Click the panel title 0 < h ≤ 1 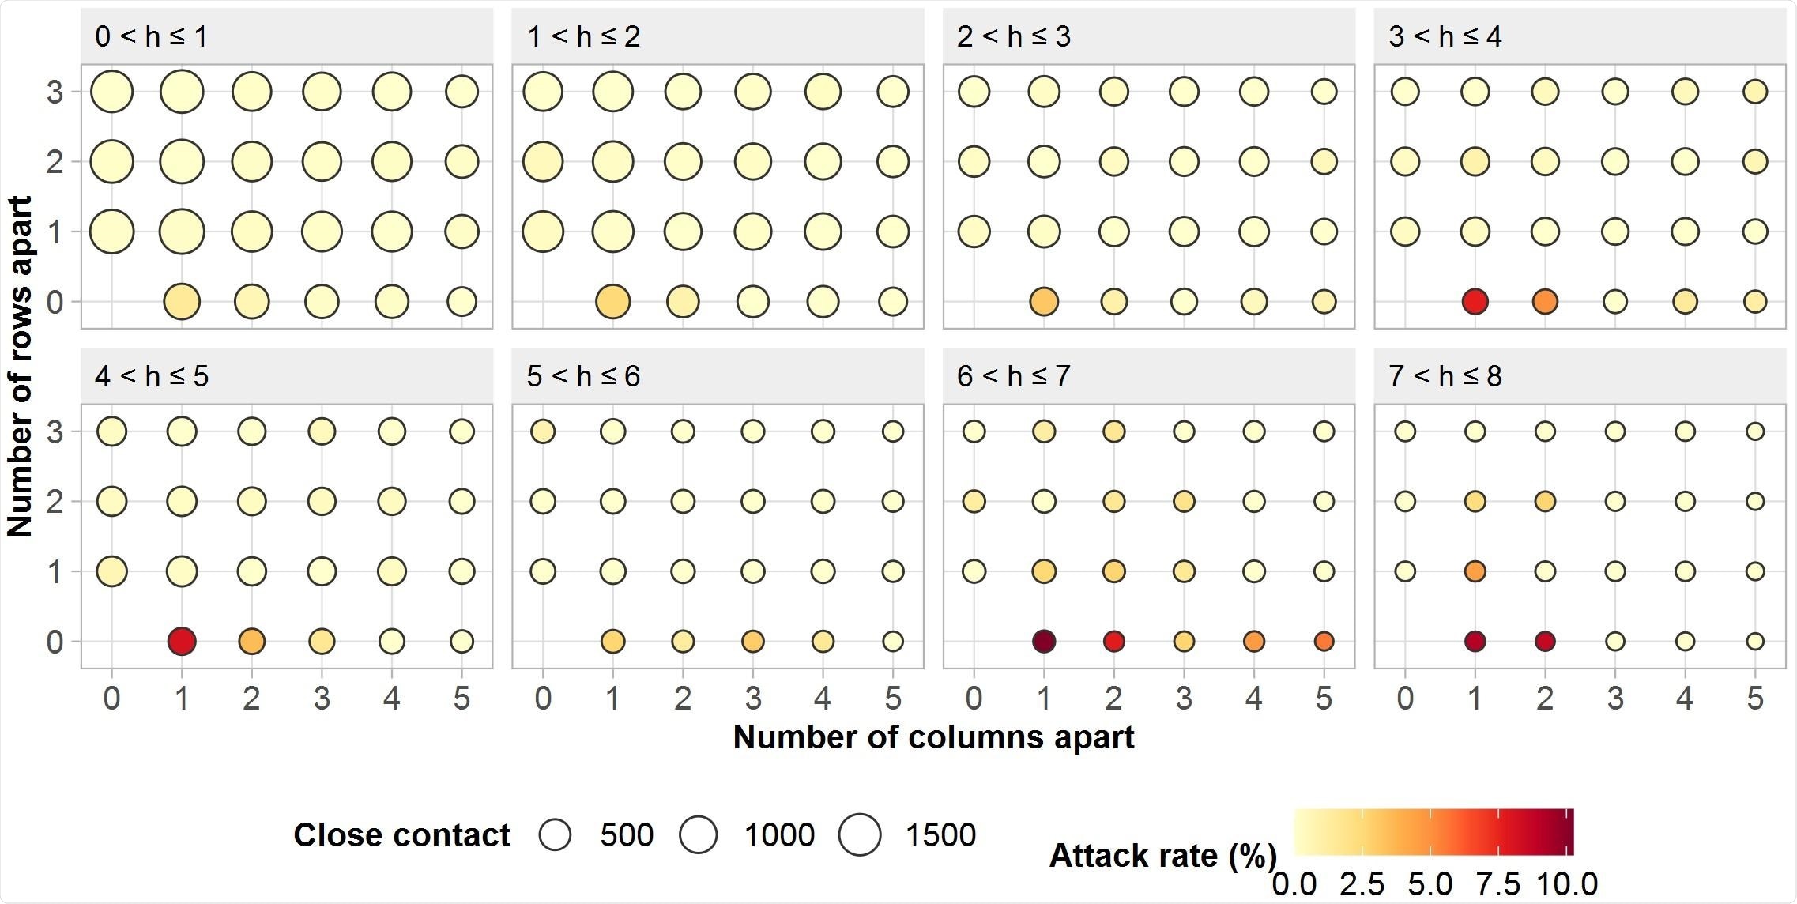[x=151, y=36]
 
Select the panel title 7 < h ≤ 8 [x=1445, y=376]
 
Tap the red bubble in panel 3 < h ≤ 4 [x=1475, y=301]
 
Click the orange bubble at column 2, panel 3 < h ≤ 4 [x=1545, y=301]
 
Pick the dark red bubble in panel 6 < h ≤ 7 [x=1044, y=641]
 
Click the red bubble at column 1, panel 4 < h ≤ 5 [x=182, y=641]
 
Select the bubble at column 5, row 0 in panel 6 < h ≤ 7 [x=1324, y=641]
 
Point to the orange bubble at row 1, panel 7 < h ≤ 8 [x=1475, y=571]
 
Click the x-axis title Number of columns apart [x=933, y=737]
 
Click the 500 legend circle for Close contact [x=555, y=834]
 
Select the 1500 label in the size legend [x=940, y=834]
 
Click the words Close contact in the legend [x=401, y=834]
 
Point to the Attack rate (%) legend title [x=1162, y=856]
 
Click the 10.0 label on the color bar [x=1566, y=883]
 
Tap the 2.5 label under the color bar [x=1362, y=883]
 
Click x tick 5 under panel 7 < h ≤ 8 [x=1755, y=698]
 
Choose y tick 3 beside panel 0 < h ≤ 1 [x=55, y=92]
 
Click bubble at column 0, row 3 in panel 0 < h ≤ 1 [x=111, y=92]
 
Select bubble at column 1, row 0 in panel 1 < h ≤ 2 [x=612, y=301]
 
